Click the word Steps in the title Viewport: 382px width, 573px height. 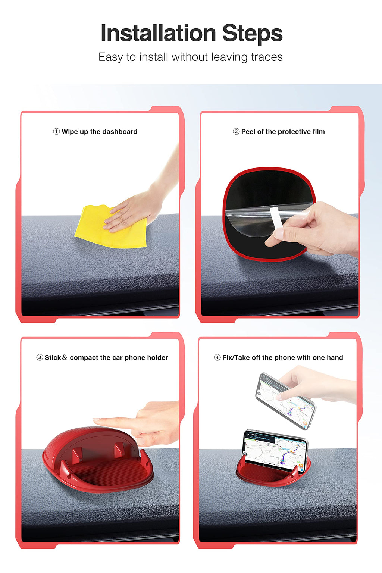pyautogui.click(x=252, y=33)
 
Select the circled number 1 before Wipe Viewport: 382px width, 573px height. pyautogui.click(x=56, y=132)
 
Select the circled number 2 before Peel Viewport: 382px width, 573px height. pyautogui.click(x=236, y=132)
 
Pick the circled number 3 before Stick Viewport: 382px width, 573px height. pyautogui.click(x=40, y=357)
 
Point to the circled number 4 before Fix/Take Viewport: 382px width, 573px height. pyautogui.click(x=217, y=357)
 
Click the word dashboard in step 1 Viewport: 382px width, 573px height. pyautogui.click(x=119, y=132)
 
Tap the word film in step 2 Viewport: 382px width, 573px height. pyautogui.click(x=318, y=132)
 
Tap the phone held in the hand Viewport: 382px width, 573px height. pyautogui.click(x=285, y=401)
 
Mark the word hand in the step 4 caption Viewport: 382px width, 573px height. pyautogui.click(x=335, y=357)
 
